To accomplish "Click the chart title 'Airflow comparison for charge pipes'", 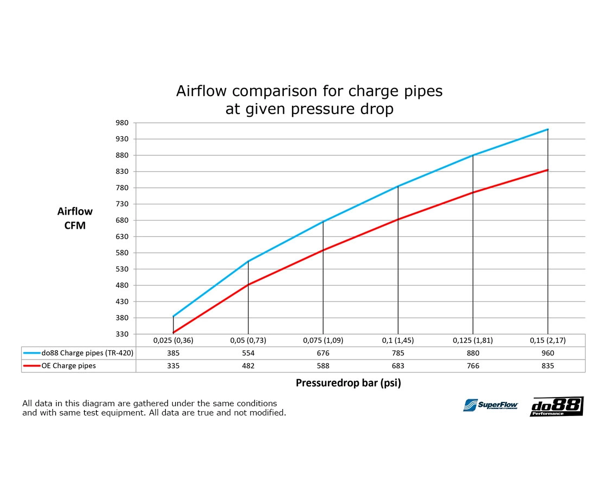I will coord(309,91).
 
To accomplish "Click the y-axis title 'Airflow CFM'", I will coord(75,218).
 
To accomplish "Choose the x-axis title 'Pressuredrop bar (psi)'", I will coord(348,383).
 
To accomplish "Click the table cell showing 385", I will coord(173,353).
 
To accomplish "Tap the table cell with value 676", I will coord(323,353).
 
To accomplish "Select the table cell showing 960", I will coord(548,353).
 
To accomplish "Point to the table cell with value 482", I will coord(248,366).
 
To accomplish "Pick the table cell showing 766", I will coord(473,366).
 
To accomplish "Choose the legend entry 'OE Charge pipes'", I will coord(69,366).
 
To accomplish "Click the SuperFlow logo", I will coord(490,405).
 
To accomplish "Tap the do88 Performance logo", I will coord(556,406).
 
